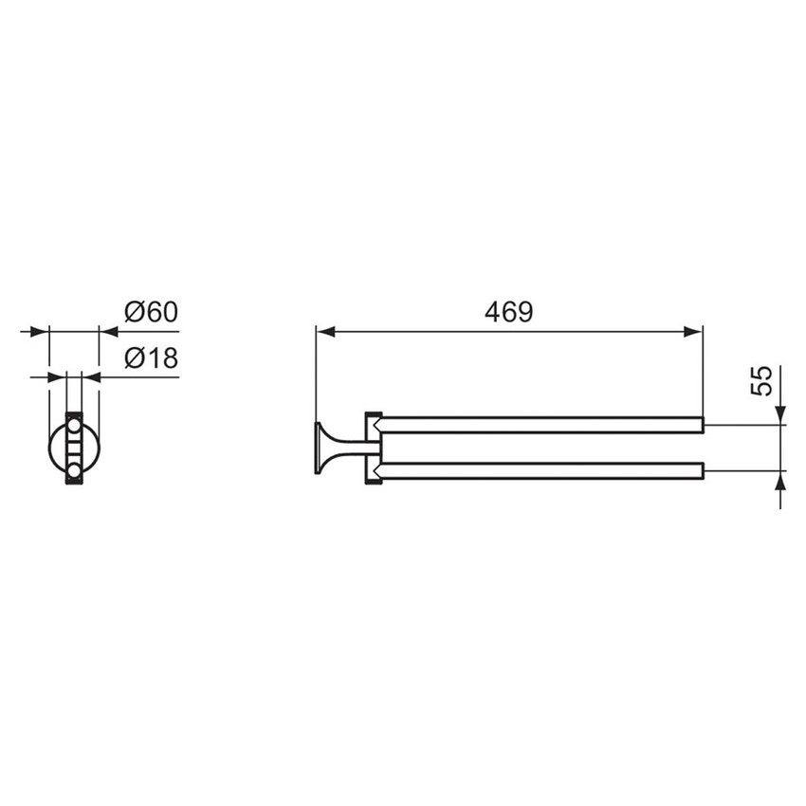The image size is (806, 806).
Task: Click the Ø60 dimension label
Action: coord(151,312)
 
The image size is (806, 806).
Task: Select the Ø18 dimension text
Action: coord(151,357)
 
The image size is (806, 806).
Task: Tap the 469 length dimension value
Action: coord(509,312)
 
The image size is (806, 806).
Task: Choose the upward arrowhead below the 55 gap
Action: coord(779,485)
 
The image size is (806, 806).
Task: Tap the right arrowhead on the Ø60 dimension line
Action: coord(109,332)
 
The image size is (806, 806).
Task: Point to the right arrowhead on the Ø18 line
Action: coord(92,376)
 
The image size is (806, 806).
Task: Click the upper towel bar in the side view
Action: coord(540,425)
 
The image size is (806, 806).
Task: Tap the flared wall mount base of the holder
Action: coord(322,447)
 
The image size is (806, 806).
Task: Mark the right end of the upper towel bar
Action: coord(701,425)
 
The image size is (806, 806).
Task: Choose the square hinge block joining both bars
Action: coord(373,447)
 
